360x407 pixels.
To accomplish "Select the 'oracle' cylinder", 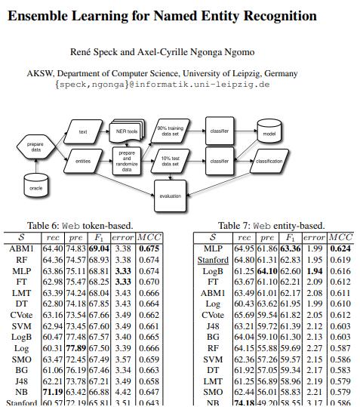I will pyautogui.click(x=36, y=185).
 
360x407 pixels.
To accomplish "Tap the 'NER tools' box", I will pyautogui.click(x=127, y=132).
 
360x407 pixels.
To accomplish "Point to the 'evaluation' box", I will pyautogui.click(x=171, y=196).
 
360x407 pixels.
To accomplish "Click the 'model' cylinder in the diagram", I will pyautogui.click(x=269, y=132).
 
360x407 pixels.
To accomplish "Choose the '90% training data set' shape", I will pyautogui.click(x=171, y=131).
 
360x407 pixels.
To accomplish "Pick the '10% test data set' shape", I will pyautogui.click(x=171, y=162).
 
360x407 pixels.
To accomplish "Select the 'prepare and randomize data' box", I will pyautogui.click(x=127, y=161).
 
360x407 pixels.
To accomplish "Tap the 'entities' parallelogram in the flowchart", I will pyautogui.click(x=83, y=161).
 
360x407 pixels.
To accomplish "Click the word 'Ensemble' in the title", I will pyautogui.click(x=41, y=16).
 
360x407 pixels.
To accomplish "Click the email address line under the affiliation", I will pyautogui.click(x=162, y=85).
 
